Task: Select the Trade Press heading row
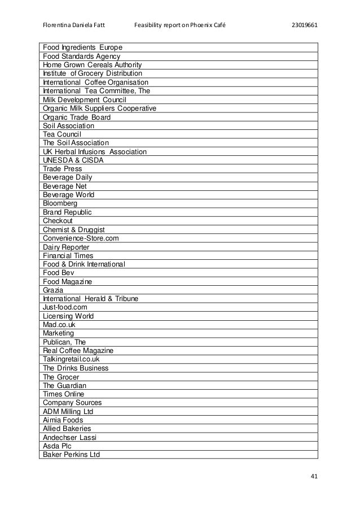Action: (62, 169)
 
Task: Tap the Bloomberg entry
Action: (60, 203)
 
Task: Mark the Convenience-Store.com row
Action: (81, 238)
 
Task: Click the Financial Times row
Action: (68, 255)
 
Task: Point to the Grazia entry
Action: (53, 290)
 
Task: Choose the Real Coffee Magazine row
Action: (78, 351)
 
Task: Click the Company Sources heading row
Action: (72, 403)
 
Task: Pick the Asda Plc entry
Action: (57, 446)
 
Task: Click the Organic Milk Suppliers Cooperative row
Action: (99, 108)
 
